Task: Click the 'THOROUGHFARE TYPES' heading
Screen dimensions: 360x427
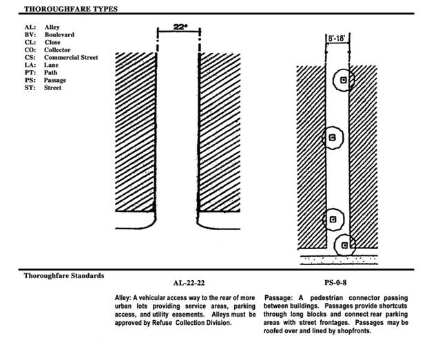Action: click(70, 9)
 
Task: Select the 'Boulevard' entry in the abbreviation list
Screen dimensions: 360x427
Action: click(60, 34)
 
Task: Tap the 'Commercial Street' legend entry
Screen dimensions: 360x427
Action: click(72, 57)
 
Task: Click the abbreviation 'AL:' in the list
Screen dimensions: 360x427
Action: click(29, 27)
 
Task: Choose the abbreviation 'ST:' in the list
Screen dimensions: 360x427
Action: click(29, 87)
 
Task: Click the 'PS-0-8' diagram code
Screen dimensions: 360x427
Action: click(337, 282)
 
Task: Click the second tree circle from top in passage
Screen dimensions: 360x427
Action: click(333, 138)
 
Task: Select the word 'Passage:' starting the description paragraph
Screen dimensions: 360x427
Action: click(280, 297)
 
